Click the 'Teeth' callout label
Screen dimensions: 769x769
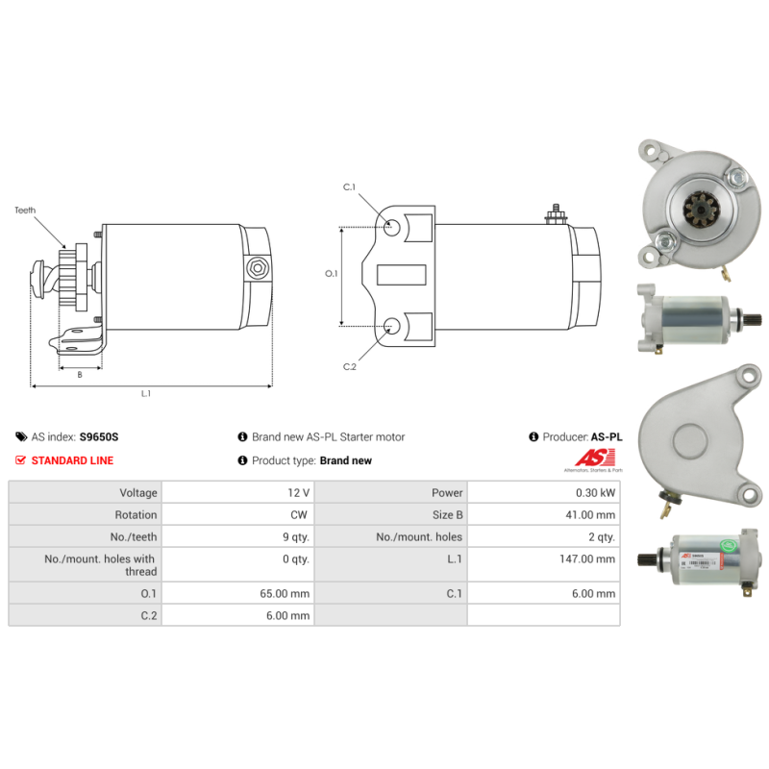[25, 209]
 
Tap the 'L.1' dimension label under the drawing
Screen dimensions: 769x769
[146, 392]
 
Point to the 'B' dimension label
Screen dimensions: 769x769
[79, 375]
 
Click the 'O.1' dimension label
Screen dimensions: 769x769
[332, 274]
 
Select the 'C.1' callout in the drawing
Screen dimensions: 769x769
[350, 187]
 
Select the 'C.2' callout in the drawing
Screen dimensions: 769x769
[350, 366]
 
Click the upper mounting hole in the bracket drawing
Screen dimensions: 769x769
[392, 228]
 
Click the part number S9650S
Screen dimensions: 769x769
[98, 436]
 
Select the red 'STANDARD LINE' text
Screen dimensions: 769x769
[72, 460]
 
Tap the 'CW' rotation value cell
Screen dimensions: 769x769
[299, 514]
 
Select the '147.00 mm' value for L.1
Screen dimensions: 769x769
[591, 558]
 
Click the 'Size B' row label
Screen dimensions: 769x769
[446, 514]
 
